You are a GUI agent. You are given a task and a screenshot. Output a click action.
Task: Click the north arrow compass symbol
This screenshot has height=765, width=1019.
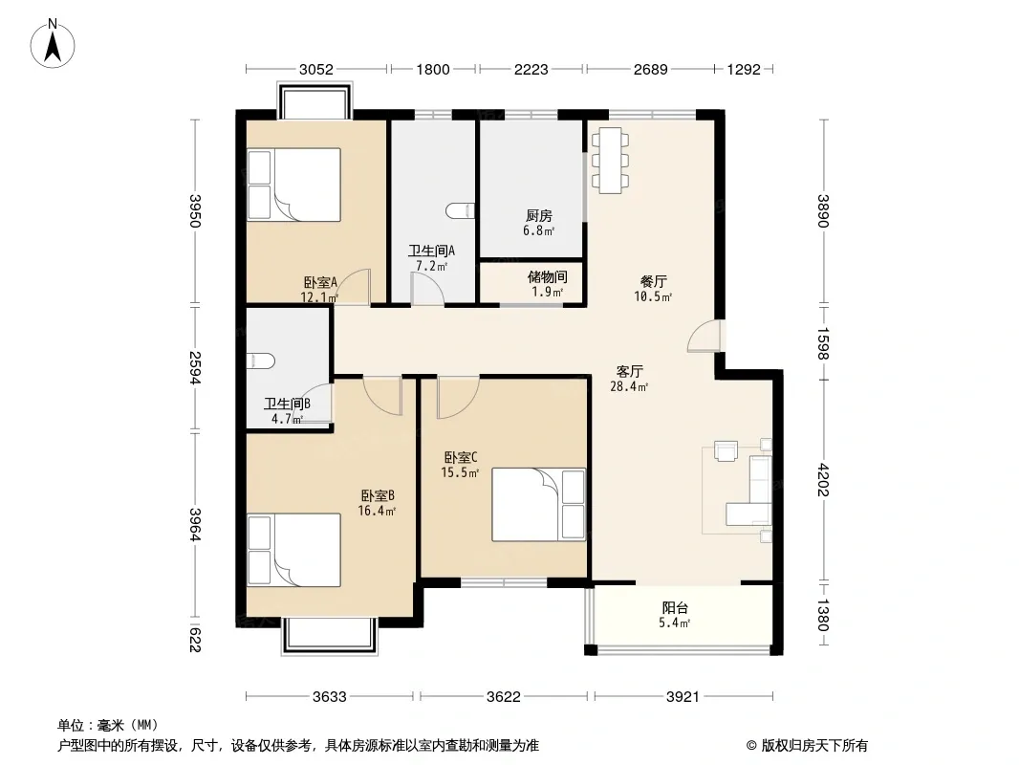pos(53,44)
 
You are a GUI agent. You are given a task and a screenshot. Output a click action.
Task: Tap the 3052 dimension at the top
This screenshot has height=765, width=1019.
pos(315,70)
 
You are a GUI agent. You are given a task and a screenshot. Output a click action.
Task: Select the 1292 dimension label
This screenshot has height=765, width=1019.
pos(744,70)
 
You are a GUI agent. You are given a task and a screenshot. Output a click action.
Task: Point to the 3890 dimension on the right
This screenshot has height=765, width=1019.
pos(823,211)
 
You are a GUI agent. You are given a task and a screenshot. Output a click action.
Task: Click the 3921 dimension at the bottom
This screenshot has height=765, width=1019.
pos(683,697)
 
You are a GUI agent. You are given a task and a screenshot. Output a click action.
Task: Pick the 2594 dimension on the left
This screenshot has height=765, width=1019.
pos(195,368)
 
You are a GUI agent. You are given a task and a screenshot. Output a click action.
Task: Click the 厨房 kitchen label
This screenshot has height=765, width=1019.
pos(539,215)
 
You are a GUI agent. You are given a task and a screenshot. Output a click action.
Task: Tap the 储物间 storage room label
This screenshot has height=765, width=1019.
pos(547,277)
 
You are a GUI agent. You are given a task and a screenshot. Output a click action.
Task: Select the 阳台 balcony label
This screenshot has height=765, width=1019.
pos(675,608)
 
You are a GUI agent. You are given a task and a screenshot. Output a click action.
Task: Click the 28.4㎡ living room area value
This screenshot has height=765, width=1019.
pos(628,386)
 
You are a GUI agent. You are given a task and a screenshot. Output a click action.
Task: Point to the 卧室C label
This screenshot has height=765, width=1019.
pos(460,458)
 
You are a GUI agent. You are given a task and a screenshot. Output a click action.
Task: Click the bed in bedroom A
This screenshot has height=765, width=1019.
pos(293,186)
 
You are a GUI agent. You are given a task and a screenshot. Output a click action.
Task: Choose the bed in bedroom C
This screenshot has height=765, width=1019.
pos(539,504)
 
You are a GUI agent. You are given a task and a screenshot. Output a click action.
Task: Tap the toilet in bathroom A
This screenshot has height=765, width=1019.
pos(461,210)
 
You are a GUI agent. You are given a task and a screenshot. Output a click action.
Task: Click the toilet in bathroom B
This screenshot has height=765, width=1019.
pos(261,361)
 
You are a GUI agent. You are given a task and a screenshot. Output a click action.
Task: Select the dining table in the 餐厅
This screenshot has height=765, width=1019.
pos(610,161)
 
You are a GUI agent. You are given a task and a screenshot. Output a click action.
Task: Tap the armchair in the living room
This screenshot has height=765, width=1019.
pos(726,451)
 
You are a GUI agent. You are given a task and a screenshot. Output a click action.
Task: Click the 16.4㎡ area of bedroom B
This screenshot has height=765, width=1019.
pos(377,511)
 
